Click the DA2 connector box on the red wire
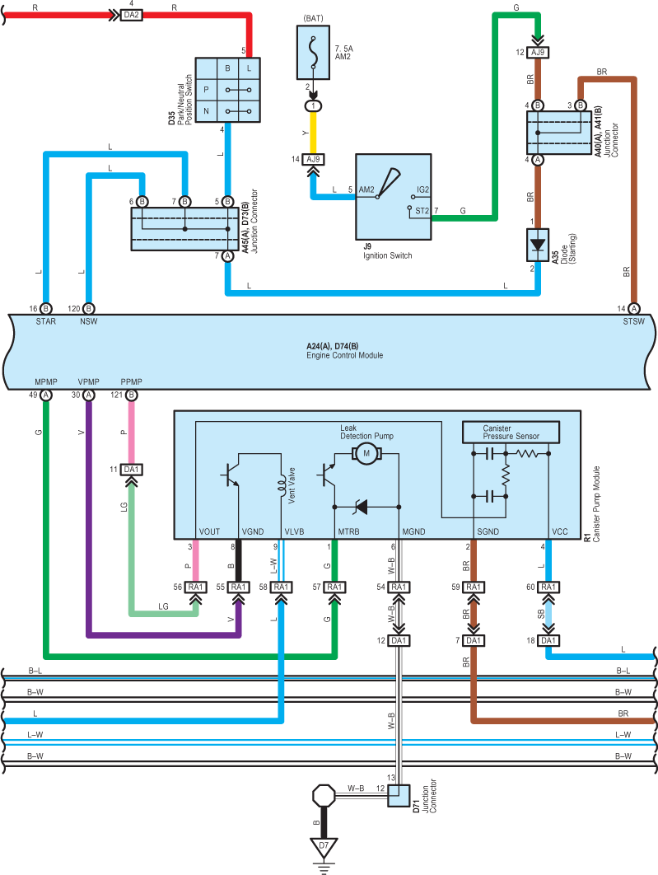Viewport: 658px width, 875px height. tap(131, 15)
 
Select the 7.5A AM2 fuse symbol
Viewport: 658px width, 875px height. tap(314, 53)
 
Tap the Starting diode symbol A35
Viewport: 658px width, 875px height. tap(538, 245)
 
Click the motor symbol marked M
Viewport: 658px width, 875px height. tap(366, 453)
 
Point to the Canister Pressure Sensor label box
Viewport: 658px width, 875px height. tap(511, 432)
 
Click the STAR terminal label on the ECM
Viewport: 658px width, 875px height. tap(46, 321)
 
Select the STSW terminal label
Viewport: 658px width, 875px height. tap(633, 321)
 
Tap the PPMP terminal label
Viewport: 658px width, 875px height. tap(131, 381)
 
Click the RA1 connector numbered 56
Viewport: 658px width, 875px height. tap(196, 587)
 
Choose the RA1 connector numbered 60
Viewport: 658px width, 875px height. tap(548, 587)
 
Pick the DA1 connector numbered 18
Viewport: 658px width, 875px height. tap(548, 641)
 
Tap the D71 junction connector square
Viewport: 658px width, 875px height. tap(399, 796)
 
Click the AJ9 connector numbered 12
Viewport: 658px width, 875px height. tap(538, 53)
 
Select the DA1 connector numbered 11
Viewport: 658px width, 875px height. tap(132, 470)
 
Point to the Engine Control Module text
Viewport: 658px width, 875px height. tap(344, 355)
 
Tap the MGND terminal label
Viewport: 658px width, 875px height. tap(413, 531)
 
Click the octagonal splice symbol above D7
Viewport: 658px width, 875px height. tap(324, 796)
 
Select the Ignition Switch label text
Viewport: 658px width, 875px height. tap(388, 255)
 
